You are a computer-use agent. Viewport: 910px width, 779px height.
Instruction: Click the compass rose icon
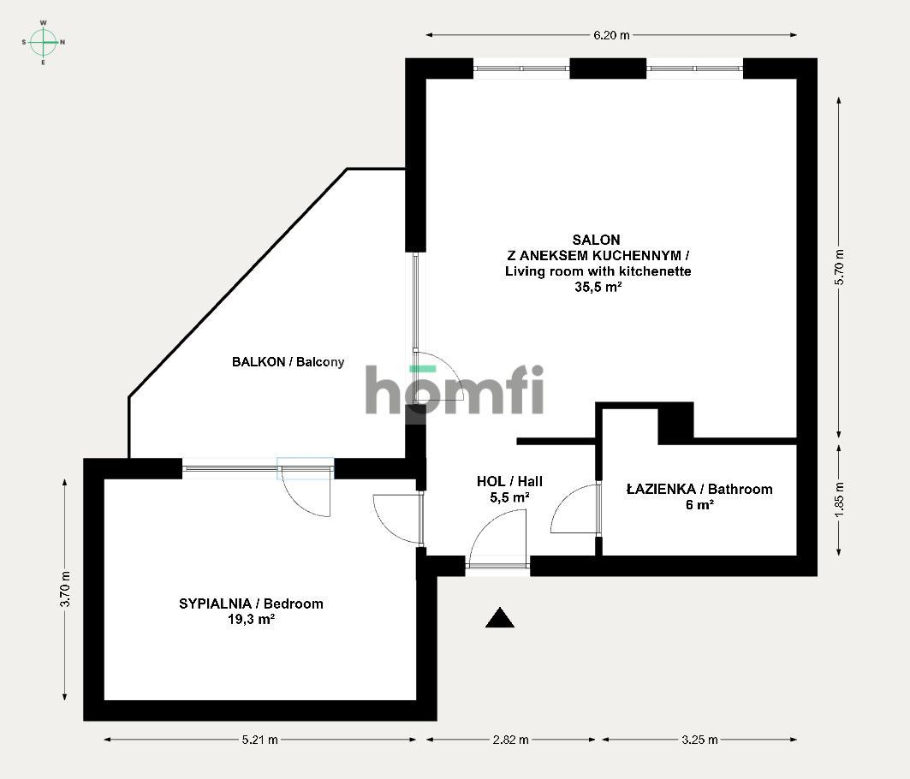click(x=44, y=43)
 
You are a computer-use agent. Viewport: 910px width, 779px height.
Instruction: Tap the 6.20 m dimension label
click(x=611, y=35)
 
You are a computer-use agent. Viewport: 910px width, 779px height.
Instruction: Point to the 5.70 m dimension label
click(x=839, y=267)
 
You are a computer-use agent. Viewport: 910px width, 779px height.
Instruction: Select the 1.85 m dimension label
click(x=839, y=501)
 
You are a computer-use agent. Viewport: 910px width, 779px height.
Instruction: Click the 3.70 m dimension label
click(x=65, y=589)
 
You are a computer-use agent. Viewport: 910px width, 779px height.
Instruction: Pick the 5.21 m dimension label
click(x=260, y=740)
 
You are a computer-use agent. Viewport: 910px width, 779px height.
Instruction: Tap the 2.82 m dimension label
click(x=511, y=740)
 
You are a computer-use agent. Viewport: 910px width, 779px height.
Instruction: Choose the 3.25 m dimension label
click(x=699, y=740)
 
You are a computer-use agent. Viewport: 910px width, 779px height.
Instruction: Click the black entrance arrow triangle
click(x=500, y=619)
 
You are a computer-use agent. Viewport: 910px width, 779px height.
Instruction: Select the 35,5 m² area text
click(x=598, y=287)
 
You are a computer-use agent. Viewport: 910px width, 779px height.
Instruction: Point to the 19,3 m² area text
click(x=252, y=620)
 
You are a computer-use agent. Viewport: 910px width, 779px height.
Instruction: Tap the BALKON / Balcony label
click(x=288, y=362)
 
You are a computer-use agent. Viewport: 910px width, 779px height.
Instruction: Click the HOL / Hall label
click(x=509, y=481)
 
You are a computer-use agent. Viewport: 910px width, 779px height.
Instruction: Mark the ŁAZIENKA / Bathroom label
click(x=699, y=490)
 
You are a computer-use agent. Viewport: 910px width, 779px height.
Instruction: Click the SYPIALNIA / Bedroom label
click(x=252, y=604)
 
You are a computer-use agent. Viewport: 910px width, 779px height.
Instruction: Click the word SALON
click(x=596, y=240)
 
